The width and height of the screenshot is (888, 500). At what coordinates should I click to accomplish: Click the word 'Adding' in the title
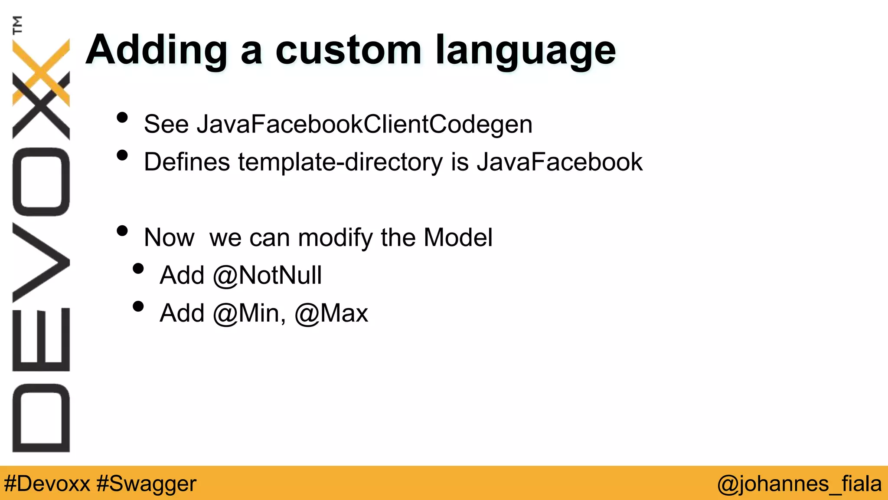(157, 50)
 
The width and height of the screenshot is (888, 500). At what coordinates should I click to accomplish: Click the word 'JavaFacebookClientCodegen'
(364, 125)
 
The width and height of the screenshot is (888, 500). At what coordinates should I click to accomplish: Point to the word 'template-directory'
(340, 162)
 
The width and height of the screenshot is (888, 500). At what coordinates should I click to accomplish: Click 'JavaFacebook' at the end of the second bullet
(559, 162)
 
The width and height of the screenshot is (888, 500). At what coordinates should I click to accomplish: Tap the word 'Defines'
(187, 162)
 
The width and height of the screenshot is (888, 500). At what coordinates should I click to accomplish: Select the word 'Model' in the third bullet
(458, 237)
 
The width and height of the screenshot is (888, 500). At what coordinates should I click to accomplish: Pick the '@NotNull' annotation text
(267, 276)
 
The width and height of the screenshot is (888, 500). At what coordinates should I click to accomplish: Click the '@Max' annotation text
(331, 313)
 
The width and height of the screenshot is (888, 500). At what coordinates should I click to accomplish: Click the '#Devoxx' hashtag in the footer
(47, 484)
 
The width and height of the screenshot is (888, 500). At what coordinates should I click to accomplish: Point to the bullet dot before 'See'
(122, 118)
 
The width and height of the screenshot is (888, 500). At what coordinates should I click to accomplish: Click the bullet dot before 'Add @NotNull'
(138, 269)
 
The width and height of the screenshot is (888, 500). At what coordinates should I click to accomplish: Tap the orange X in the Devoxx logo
(41, 72)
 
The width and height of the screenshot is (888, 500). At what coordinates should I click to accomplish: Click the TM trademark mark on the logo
(17, 25)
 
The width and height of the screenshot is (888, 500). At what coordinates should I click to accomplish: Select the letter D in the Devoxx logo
(41, 418)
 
